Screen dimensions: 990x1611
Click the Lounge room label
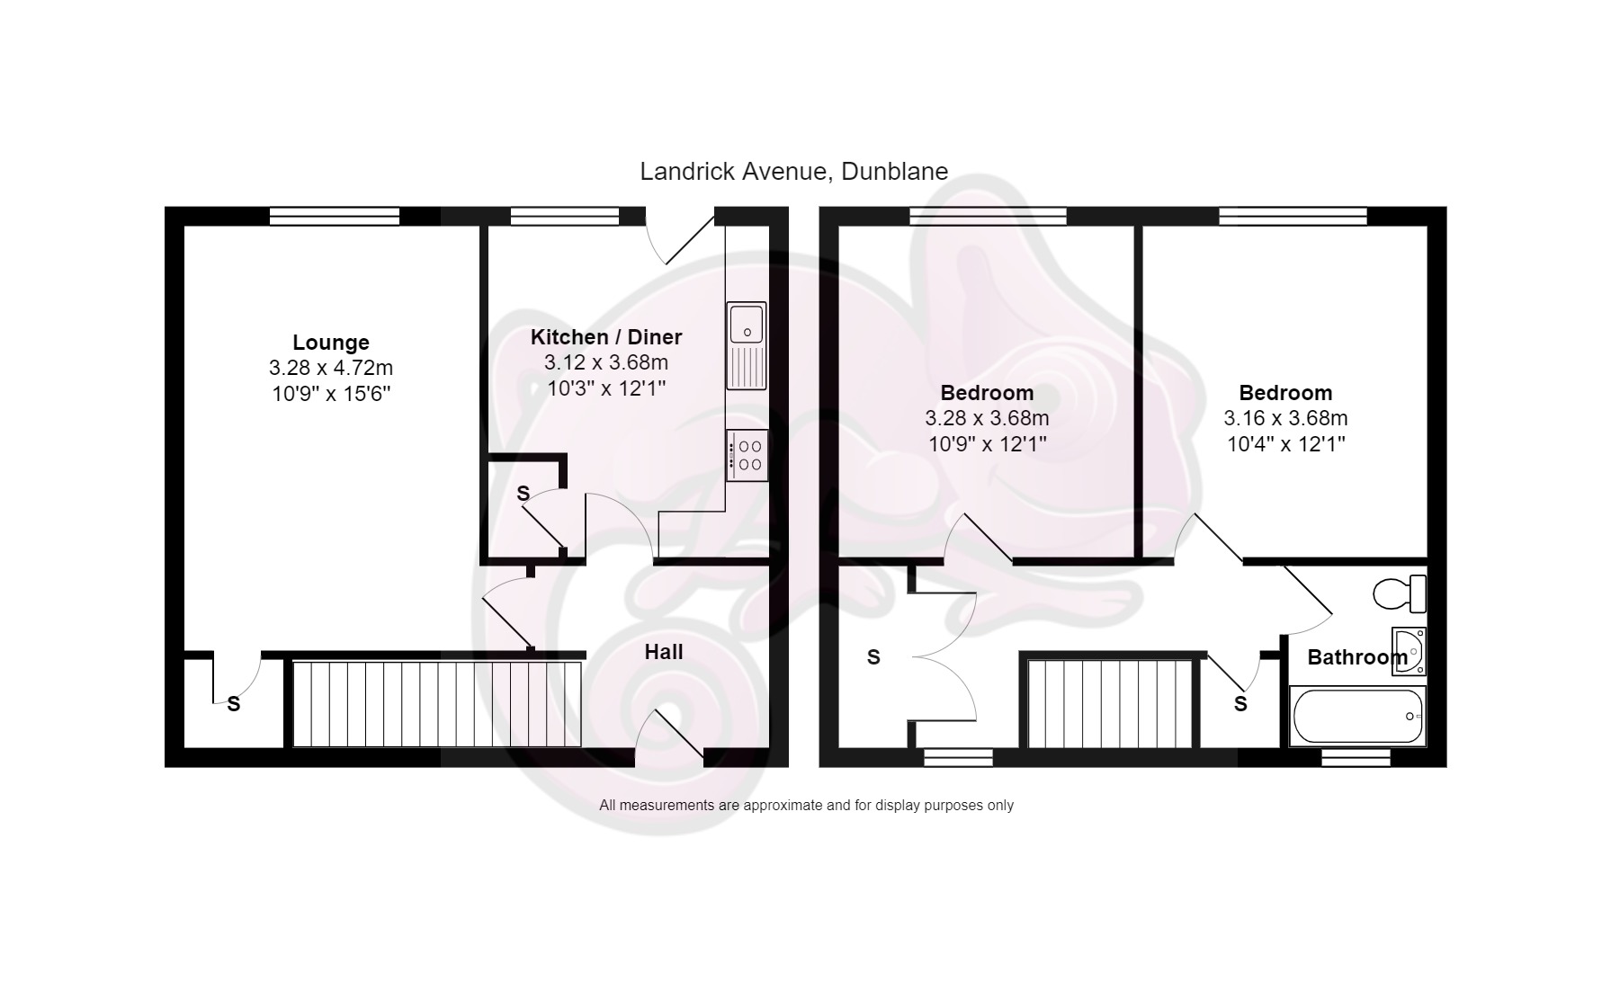tap(330, 343)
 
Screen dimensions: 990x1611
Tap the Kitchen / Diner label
tap(605, 337)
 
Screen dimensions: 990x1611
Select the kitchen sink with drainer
tap(747, 346)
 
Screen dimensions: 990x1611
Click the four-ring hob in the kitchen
tap(747, 455)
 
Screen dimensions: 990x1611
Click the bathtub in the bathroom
tap(1356, 717)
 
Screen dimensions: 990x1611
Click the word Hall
tap(663, 652)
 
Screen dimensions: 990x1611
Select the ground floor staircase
tap(437, 704)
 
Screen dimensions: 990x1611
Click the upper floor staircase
tap(1113, 704)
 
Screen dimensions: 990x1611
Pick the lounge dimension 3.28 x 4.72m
tap(330, 368)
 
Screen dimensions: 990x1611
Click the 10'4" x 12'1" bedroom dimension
tap(1285, 443)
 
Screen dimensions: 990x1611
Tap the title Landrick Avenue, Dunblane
tap(793, 171)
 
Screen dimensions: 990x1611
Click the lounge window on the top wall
tap(335, 216)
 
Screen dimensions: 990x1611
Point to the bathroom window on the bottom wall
tap(1356, 758)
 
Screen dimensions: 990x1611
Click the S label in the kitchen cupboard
tap(523, 493)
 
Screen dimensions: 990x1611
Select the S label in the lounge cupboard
tap(233, 704)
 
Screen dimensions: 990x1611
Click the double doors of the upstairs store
tap(944, 656)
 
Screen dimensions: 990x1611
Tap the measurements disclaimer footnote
tap(806, 806)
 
